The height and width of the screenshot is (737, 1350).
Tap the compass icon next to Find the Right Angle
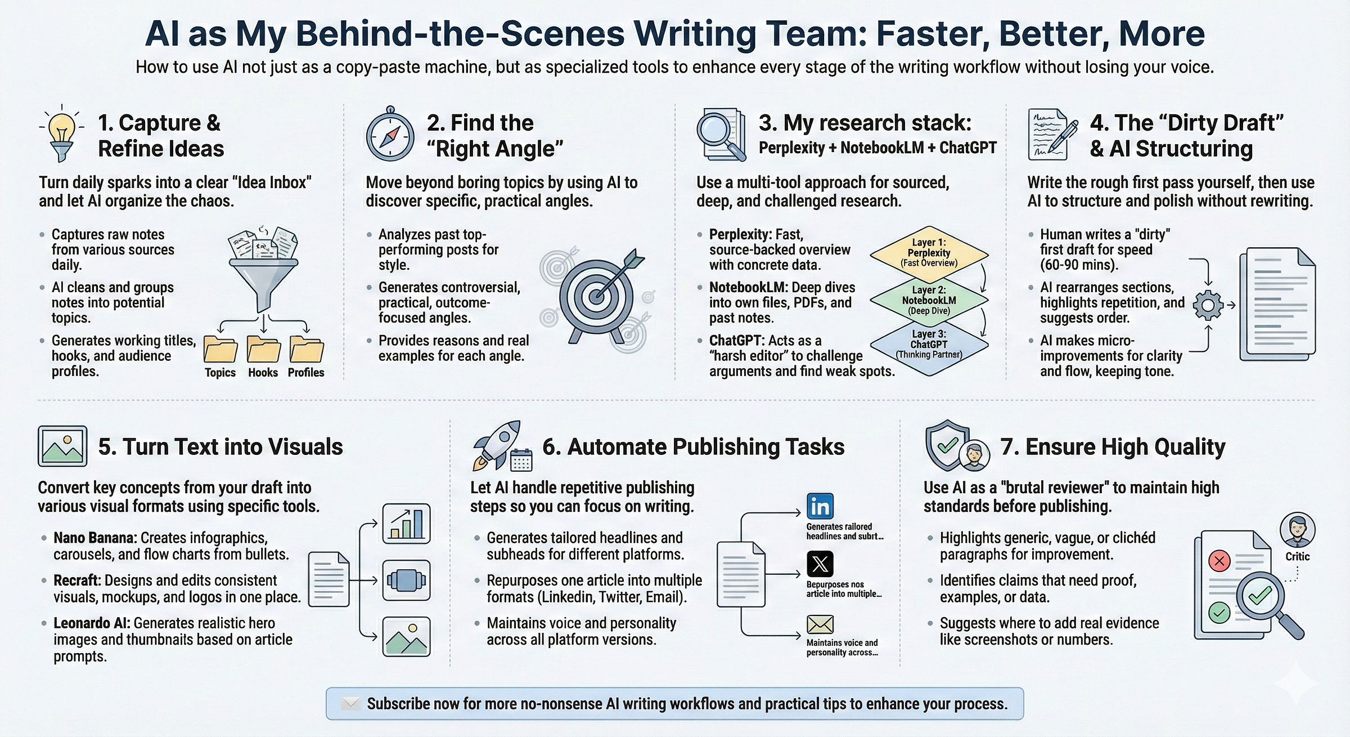point(390,136)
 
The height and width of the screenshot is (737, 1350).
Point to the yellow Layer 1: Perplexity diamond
point(929,253)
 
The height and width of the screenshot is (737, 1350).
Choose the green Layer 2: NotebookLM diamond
point(929,300)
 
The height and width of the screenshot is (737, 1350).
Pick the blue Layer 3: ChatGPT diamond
point(929,345)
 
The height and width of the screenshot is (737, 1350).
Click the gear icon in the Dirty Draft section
point(1208,305)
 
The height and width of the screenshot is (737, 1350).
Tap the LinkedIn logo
point(820,507)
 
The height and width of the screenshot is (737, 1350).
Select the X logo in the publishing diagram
point(820,563)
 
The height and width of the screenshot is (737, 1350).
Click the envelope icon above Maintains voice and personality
point(820,624)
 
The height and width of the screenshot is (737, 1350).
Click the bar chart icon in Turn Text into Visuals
point(406,524)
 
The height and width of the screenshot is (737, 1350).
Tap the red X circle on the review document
point(1219,561)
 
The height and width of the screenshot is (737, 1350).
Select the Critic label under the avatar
point(1297,556)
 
